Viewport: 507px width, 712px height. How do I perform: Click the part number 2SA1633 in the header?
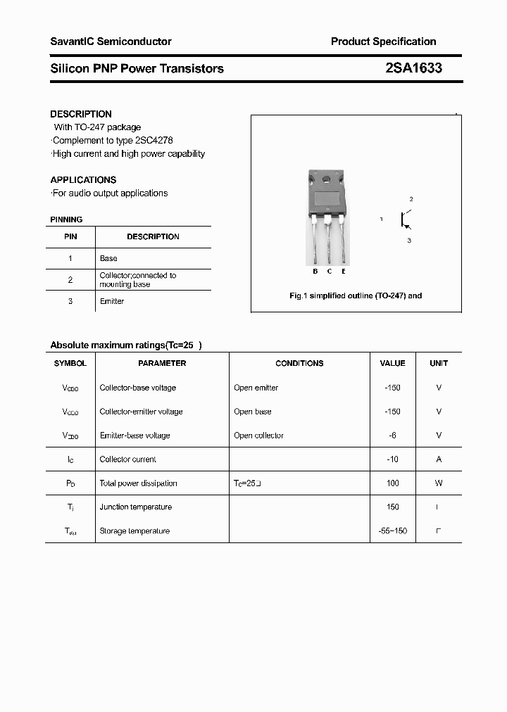click(413, 68)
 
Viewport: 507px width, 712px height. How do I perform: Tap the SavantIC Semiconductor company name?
click(111, 42)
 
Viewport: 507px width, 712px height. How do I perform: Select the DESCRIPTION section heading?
click(81, 114)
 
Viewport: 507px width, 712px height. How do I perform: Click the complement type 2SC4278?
click(154, 140)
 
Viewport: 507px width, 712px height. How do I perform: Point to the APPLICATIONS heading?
click(83, 179)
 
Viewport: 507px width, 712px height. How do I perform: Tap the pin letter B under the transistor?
click(315, 271)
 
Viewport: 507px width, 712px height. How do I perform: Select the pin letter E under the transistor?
click(344, 271)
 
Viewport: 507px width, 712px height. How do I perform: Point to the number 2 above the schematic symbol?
click(411, 200)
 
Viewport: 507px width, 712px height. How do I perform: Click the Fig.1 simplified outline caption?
click(356, 295)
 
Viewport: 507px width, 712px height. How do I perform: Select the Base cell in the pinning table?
click(108, 258)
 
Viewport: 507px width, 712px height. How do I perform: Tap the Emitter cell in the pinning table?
click(112, 301)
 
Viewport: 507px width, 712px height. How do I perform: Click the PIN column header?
click(70, 237)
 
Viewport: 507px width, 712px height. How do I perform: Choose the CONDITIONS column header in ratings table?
click(299, 363)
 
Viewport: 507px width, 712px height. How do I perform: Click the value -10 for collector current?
click(392, 459)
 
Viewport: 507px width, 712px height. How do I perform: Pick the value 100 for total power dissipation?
click(392, 483)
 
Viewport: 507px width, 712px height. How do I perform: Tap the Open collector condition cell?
click(258, 436)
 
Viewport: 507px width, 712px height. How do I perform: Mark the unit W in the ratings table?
click(439, 483)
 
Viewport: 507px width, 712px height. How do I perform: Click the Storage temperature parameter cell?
click(134, 531)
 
